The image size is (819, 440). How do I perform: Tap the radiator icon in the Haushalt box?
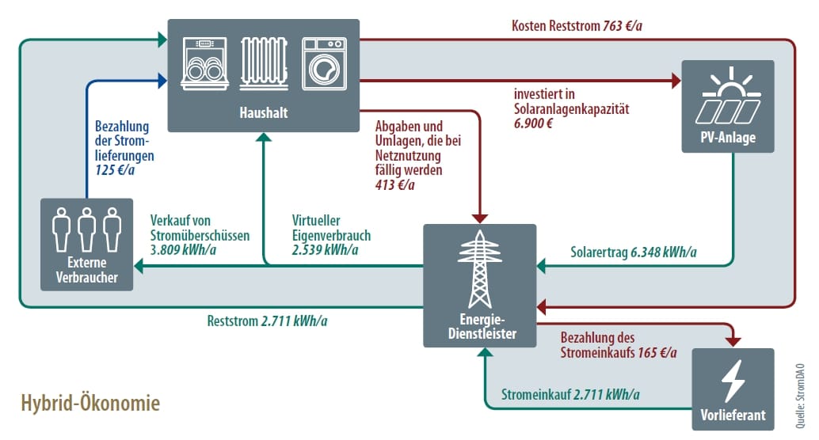(263, 61)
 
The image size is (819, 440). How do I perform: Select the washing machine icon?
(323, 61)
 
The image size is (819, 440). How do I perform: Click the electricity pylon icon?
(479, 269)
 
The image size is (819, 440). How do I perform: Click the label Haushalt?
(263, 113)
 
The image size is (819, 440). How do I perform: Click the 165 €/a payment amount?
(657, 352)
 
